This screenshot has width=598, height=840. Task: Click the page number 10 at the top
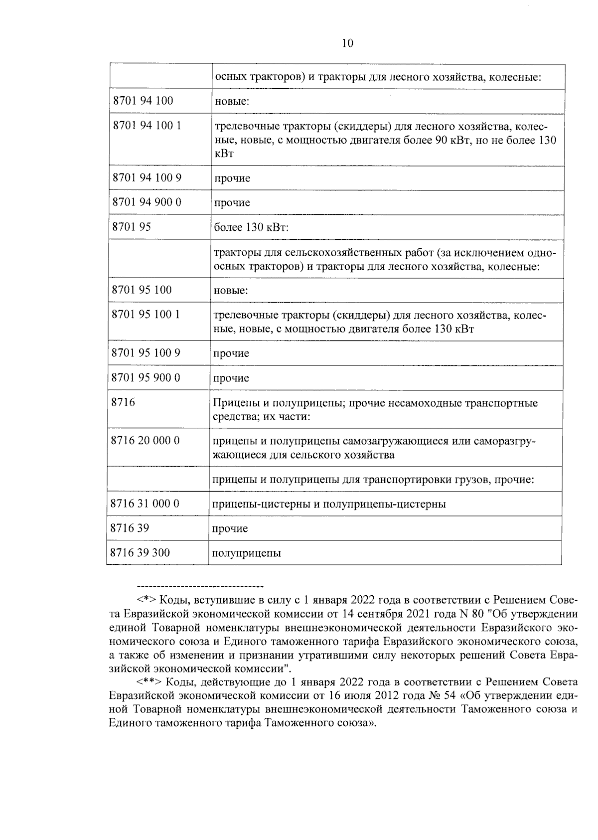(347, 43)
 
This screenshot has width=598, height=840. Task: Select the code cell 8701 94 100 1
(147, 126)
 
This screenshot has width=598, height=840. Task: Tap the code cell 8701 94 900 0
(147, 202)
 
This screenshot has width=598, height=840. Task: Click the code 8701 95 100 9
(146, 353)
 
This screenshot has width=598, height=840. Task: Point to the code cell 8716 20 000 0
(145, 441)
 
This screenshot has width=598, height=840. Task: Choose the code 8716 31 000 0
(145, 504)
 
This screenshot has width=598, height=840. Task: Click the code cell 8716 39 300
(140, 552)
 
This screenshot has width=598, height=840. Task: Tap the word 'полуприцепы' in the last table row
(246, 553)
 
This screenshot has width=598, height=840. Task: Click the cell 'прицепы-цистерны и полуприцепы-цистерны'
(329, 504)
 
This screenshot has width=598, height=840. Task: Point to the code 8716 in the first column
(123, 402)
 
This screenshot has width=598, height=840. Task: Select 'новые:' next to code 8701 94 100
(232, 102)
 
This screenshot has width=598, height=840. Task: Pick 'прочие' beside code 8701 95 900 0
(231, 378)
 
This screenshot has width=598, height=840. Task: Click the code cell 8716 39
(130, 528)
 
